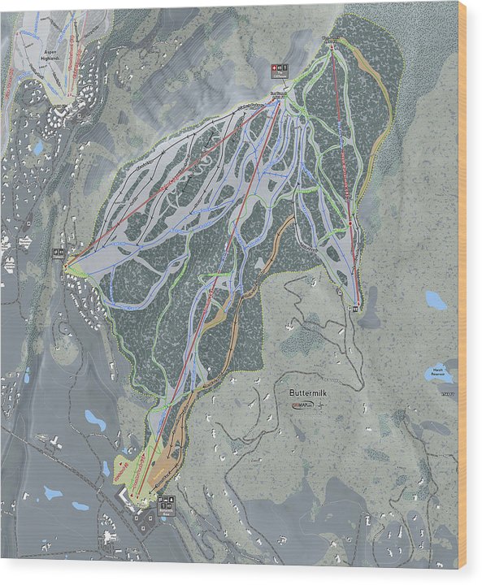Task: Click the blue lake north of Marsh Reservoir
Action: tap(436, 301)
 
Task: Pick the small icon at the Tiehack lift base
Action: tap(356, 306)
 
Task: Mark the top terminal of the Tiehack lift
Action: tap(332, 47)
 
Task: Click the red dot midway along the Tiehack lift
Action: tap(350, 222)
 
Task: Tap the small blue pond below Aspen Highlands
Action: tap(38, 148)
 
